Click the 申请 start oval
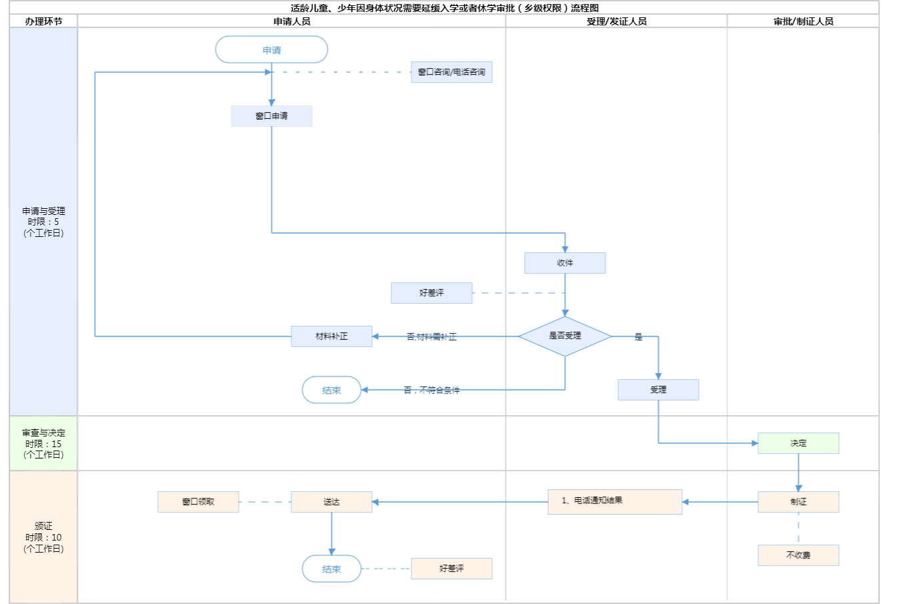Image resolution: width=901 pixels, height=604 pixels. [x=271, y=50]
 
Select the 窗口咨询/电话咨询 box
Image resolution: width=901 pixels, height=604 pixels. [x=452, y=72]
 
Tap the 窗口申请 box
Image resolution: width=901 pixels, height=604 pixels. [x=271, y=116]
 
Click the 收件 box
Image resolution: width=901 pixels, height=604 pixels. [x=565, y=263]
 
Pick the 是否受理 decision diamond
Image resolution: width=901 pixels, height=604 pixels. [x=565, y=336]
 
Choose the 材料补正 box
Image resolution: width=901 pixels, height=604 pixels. [x=331, y=336]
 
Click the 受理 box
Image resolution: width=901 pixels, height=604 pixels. [x=658, y=390]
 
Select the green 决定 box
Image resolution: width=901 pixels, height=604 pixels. [x=798, y=443]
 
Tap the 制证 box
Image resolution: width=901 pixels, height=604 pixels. [x=798, y=502]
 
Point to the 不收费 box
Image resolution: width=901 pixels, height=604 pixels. [x=798, y=555]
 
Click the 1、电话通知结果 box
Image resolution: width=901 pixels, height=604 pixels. [x=615, y=501]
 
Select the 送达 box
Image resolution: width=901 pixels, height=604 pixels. [x=331, y=502]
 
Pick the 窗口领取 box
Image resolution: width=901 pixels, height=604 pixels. [x=198, y=502]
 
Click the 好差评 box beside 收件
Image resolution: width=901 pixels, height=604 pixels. [x=431, y=293]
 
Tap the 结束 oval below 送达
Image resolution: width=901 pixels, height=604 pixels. [x=331, y=569]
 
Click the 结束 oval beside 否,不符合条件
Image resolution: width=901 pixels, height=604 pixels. [x=331, y=390]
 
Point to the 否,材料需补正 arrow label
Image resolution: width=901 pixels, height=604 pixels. [x=431, y=337]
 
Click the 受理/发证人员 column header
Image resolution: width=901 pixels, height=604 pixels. [x=616, y=21]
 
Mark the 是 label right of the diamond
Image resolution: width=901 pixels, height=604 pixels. [x=638, y=337]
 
